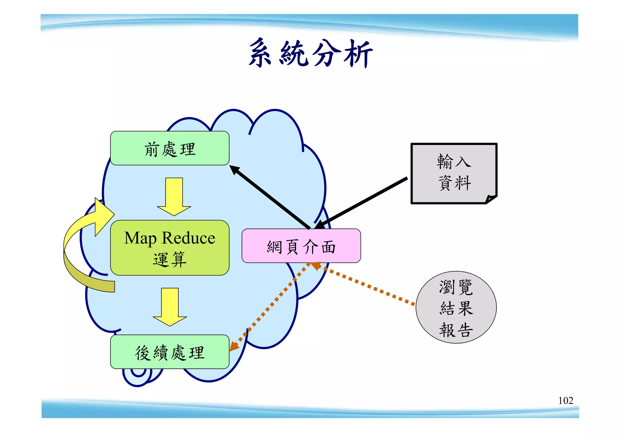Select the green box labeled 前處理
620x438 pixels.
(170, 148)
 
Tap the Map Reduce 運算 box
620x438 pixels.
(170, 248)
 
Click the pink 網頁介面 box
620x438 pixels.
(301, 246)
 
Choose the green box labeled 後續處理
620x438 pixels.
(170, 352)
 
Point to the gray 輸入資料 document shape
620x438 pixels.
(453, 173)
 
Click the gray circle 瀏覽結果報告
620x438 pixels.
(456, 307)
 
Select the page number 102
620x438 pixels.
(566, 400)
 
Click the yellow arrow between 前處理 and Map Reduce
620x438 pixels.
(174, 197)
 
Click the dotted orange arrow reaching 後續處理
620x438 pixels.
(269, 306)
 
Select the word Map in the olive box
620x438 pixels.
(140, 239)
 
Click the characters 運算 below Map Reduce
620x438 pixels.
(170, 259)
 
